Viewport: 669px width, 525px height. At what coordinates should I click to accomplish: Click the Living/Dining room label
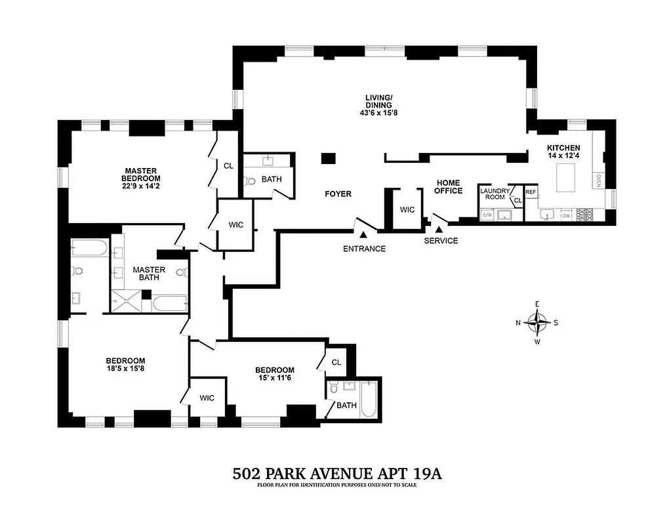[x=378, y=105]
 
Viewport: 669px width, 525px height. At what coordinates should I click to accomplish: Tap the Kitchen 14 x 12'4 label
[x=563, y=152]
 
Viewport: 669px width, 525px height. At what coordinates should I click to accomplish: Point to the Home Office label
[x=448, y=187]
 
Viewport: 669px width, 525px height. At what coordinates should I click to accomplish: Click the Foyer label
[x=338, y=194]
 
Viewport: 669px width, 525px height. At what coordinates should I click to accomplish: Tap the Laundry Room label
[x=495, y=194]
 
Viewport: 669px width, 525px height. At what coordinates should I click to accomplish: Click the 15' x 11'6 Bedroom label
[x=274, y=375]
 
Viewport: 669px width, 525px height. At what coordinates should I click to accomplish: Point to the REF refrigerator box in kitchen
[x=531, y=192]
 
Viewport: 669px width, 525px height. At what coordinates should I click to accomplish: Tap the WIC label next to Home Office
[x=407, y=210]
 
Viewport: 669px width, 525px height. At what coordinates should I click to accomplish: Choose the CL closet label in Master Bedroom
[x=228, y=166]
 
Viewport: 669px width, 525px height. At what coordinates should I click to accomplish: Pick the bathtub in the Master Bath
[x=171, y=304]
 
